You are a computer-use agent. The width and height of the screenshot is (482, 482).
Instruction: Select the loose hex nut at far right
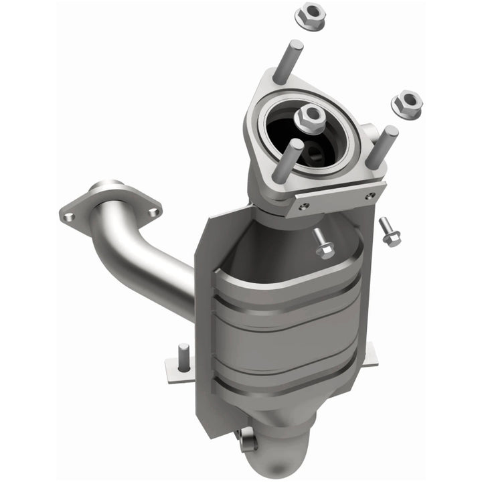407,104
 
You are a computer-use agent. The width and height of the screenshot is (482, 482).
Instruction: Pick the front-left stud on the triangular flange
287,159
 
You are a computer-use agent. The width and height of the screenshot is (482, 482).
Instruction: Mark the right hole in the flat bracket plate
369,195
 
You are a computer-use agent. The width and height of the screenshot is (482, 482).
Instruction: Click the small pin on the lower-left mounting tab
182,353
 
